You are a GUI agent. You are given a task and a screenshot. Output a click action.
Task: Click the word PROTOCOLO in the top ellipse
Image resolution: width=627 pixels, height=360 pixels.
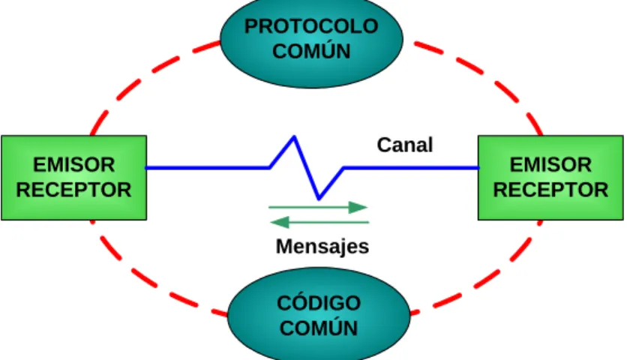tap(311, 26)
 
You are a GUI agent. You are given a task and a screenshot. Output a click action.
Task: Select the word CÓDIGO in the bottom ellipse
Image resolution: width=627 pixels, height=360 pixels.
tap(319, 302)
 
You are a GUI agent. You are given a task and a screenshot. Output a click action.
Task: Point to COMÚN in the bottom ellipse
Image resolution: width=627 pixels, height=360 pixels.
tap(319, 328)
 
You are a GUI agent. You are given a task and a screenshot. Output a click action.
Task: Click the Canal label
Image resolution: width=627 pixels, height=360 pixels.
tap(405, 145)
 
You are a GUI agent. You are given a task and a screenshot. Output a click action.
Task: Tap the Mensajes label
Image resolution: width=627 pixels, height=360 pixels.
tap(322, 247)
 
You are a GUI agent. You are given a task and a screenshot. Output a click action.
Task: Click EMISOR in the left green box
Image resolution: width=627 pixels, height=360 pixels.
tap(74, 165)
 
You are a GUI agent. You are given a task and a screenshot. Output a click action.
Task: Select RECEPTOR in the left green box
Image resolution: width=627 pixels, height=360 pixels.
tap(74, 190)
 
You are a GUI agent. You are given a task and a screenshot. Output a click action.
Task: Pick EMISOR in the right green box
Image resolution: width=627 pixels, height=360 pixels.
tap(550, 165)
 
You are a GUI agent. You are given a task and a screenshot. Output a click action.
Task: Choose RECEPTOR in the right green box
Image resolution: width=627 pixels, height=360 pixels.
tap(550, 190)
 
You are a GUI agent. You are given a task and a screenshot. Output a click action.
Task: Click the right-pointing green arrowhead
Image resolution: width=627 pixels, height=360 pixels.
tap(358, 207)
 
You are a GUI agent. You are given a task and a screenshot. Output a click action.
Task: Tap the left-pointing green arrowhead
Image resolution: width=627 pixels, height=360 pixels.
tap(280, 222)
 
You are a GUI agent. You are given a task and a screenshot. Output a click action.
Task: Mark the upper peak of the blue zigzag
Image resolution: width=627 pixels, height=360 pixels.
tap(294, 137)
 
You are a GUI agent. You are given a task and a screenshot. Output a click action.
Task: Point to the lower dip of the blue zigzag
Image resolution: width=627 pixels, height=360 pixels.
tap(319, 198)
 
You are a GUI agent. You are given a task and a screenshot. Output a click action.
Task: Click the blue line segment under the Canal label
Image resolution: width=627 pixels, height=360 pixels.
tap(411, 168)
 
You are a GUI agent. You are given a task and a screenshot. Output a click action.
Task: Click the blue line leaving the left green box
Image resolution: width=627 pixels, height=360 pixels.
tap(208, 168)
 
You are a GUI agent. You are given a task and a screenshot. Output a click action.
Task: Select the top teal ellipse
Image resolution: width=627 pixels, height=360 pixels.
tap(311, 40)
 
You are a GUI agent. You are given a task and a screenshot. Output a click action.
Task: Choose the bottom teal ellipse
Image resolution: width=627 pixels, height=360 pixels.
tap(319, 314)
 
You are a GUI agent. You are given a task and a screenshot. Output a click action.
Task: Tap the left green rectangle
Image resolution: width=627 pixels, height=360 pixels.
tap(74, 178)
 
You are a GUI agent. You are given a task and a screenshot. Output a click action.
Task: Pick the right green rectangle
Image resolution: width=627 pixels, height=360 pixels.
tap(550, 178)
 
